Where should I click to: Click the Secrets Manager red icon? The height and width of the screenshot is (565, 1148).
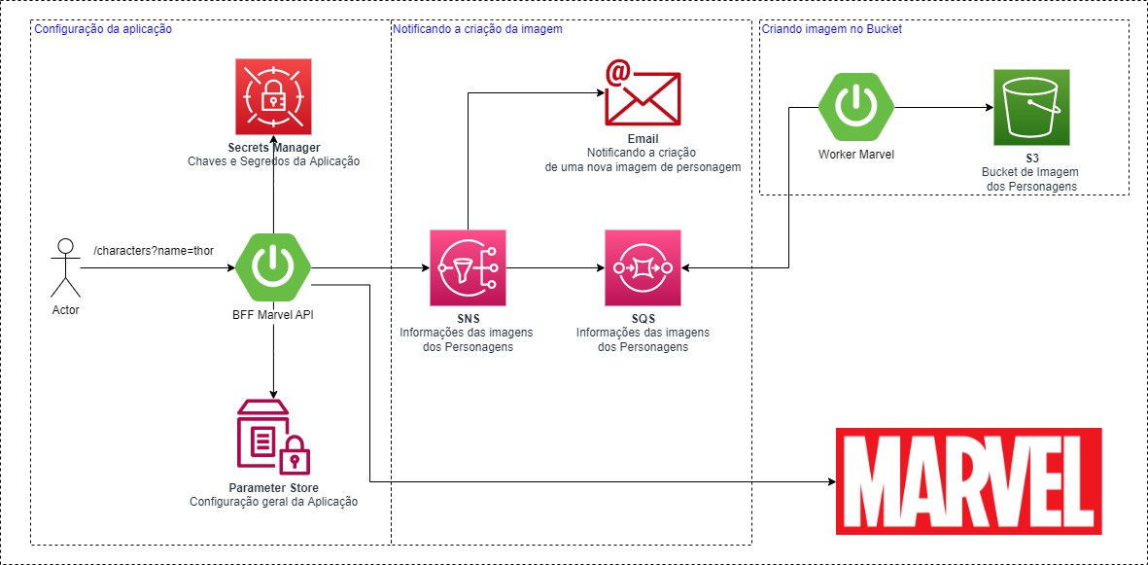273,96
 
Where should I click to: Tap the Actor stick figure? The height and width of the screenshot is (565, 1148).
66,269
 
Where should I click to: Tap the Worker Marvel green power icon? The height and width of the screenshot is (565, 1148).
855,106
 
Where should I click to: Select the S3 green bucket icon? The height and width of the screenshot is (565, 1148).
1031,107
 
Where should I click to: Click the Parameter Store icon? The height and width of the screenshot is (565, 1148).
273,436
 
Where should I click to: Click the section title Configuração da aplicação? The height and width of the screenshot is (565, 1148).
103,29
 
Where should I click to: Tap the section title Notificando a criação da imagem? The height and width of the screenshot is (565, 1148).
477,29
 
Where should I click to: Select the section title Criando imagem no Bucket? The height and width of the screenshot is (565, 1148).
831,29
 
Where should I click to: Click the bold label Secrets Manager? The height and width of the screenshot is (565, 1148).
274,148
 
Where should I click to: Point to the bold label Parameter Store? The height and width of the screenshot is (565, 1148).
273,487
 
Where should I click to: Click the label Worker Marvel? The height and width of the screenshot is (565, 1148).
855,155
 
